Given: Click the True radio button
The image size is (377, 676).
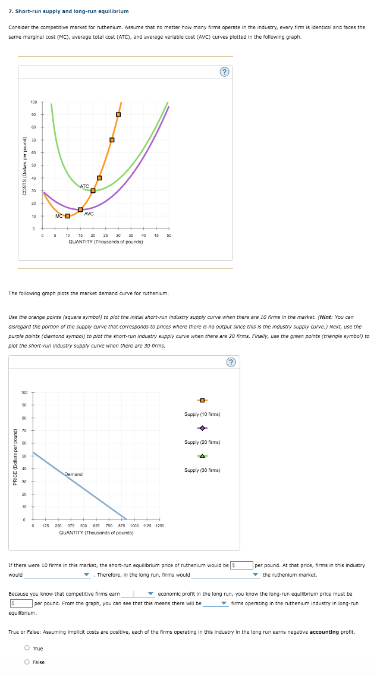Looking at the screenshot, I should coord(27,648).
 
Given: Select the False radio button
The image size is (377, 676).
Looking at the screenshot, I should coord(27,662).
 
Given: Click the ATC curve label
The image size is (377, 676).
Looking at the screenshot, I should coord(84,186).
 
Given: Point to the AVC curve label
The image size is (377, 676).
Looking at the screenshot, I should coord(89,213).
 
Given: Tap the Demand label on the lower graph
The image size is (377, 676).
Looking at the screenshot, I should coord(73,474).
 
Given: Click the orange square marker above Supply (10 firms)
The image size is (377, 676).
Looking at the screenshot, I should coord(202,399).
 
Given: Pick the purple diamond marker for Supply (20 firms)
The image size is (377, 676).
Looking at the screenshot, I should coord(202,428).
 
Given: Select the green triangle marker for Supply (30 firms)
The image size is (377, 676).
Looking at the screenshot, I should coord(202,456).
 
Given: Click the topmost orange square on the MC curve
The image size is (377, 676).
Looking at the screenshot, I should coord(118,114).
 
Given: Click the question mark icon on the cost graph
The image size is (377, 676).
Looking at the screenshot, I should coord(224,72).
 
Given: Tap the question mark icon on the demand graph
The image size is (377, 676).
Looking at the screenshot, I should coord(231,362).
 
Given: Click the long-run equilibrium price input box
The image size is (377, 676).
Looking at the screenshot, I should coord(20,603).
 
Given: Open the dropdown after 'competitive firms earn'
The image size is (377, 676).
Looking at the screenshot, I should coord(138,594).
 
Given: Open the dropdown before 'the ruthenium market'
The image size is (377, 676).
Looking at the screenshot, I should coord(225,575).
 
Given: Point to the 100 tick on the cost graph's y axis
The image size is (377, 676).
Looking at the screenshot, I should coord(34,102).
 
